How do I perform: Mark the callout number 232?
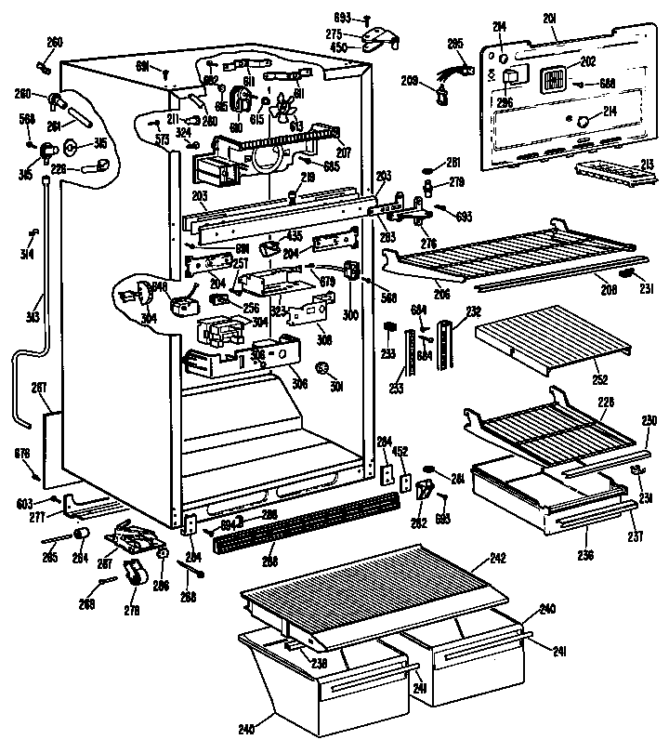pyautogui.click(x=474, y=312)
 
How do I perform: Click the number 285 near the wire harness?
pyautogui.click(x=455, y=43)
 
